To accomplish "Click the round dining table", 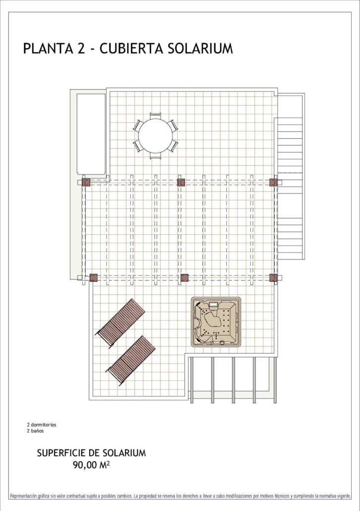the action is pyautogui.click(x=155, y=135).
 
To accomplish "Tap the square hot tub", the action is pyautogui.click(x=216, y=321).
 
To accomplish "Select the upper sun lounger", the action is pyautogui.click(x=120, y=323).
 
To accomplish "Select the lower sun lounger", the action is pyautogui.click(x=131, y=361).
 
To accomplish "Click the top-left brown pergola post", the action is pyautogui.click(x=86, y=182).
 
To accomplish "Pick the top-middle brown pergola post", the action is pyautogui.click(x=181, y=182).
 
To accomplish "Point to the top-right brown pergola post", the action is pyautogui.click(x=273, y=182).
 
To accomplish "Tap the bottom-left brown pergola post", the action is pyautogui.click(x=94, y=278).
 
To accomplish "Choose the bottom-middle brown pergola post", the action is pyautogui.click(x=185, y=278).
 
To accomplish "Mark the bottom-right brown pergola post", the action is pyautogui.click(x=273, y=278).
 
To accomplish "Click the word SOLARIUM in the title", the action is pyautogui.click(x=201, y=48).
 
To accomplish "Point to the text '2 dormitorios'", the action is pyautogui.click(x=41, y=425).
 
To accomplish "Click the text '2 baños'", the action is pyautogui.click(x=35, y=431).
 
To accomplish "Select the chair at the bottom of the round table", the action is pyautogui.click(x=155, y=156).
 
